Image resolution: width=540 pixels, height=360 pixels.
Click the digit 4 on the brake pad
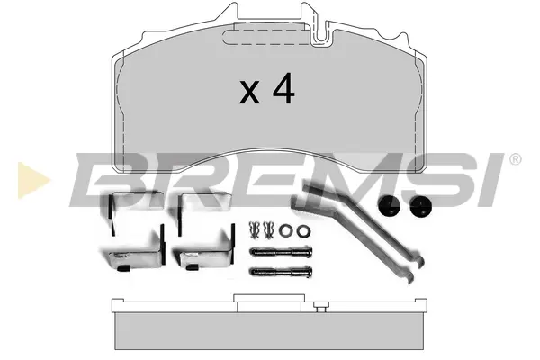click(283, 88)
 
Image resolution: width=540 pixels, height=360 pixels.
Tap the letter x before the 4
click(249, 92)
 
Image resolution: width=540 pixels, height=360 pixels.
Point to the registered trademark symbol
click(515, 159)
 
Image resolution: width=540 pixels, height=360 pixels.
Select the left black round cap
click(389, 206)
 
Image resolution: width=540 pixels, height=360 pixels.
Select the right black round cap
click(421, 206)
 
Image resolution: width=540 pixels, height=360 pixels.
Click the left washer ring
click(285, 230)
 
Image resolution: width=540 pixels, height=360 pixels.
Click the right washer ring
click(303, 230)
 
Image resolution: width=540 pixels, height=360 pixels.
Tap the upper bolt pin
click(281, 252)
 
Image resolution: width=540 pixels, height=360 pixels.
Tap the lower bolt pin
click(281, 272)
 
